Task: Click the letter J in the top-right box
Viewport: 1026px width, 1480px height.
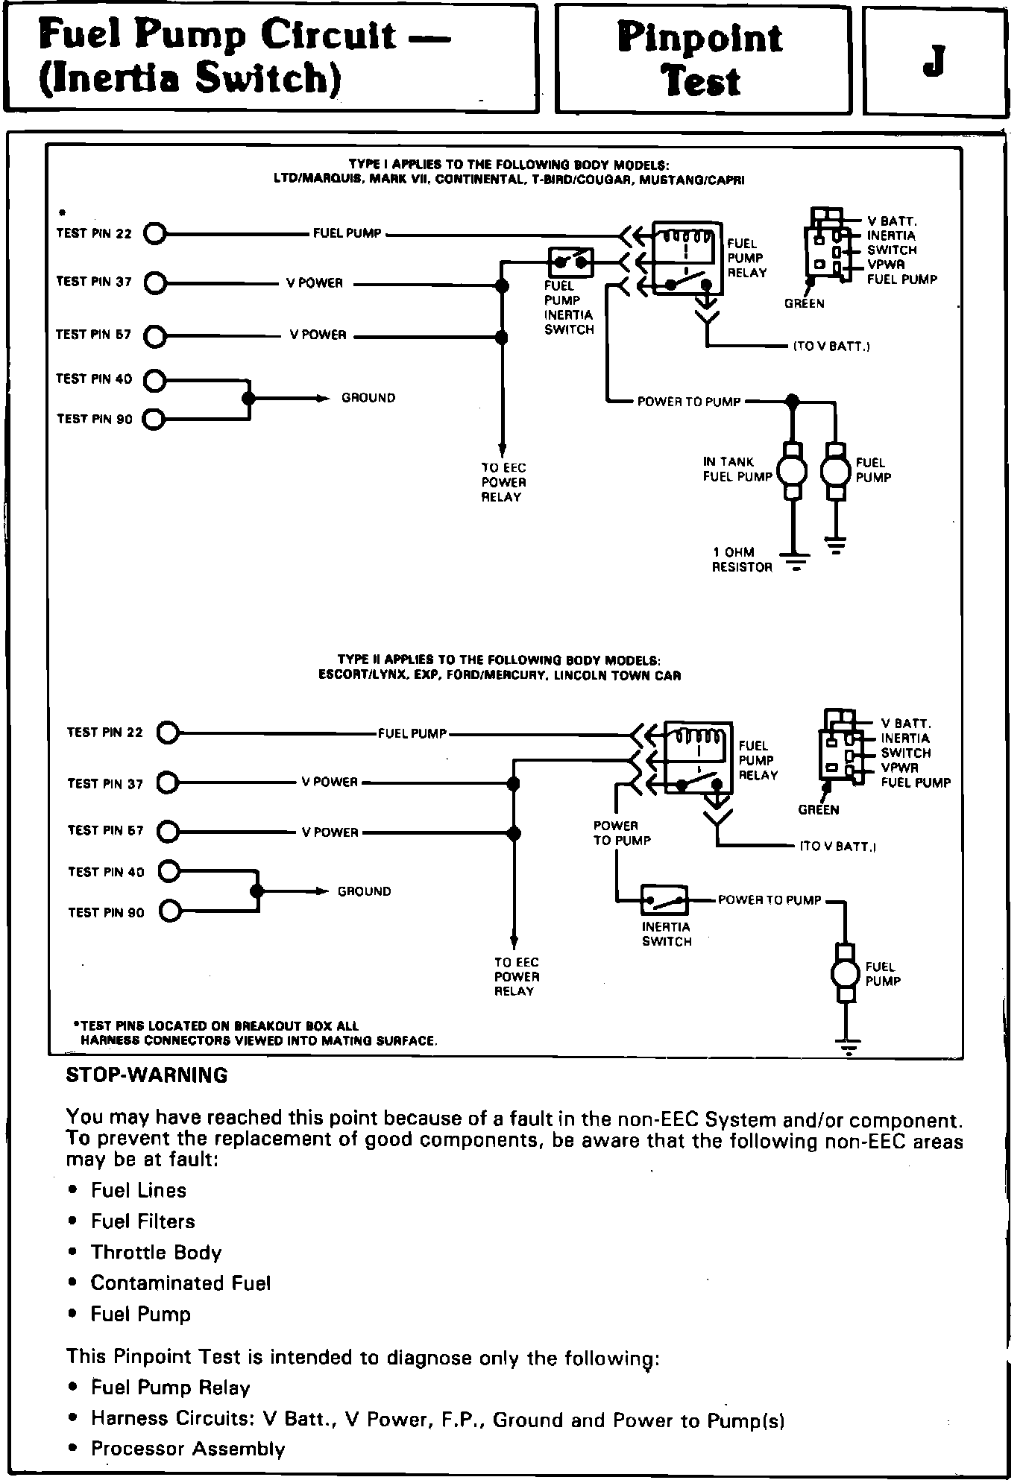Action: [934, 61]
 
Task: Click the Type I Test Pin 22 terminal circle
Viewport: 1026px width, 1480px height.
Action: [155, 234]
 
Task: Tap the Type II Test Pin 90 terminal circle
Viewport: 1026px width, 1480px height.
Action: [170, 911]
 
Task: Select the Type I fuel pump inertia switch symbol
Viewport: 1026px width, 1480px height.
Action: [571, 262]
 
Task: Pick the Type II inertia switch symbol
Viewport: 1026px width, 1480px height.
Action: [665, 900]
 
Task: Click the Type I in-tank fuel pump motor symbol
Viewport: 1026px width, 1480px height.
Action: [792, 470]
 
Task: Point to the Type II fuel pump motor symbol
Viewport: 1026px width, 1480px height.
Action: [846, 973]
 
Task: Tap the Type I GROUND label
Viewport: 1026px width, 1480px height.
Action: [368, 398]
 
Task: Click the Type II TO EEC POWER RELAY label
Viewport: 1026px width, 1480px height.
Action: [516, 976]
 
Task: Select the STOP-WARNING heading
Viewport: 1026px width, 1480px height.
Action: [147, 1075]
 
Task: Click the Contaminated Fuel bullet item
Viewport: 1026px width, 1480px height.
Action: [180, 1283]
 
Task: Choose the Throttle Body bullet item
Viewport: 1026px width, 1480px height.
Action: [156, 1252]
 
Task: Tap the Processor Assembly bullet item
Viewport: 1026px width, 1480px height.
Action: [188, 1449]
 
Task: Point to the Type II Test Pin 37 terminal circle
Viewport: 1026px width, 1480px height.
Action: [169, 783]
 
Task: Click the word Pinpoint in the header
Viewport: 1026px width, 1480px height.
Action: [700, 37]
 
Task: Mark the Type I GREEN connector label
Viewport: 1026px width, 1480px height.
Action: [804, 303]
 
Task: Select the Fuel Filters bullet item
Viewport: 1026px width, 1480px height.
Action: [142, 1221]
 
